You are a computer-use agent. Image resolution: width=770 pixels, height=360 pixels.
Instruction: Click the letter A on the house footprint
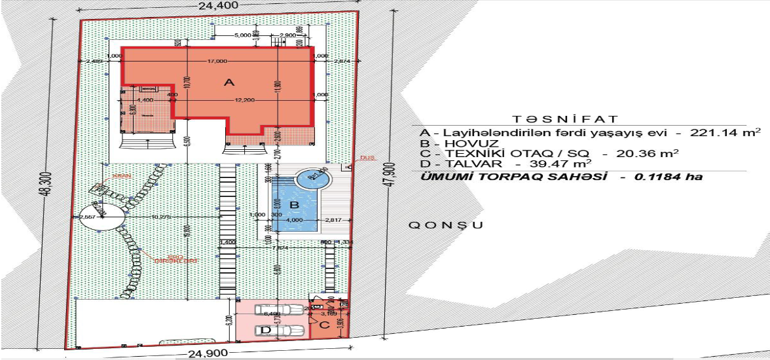pyautogui.click(x=229, y=82)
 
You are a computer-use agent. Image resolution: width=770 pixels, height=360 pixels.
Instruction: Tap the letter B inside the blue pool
pyautogui.click(x=295, y=205)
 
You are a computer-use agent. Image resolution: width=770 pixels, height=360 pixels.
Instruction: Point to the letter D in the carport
pyautogui.click(x=265, y=331)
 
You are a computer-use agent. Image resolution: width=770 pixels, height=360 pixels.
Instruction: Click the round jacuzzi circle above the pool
pyautogui.click(x=313, y=177)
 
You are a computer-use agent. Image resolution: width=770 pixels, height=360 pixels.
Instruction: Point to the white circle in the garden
pyautogui.click(x=98, y=216)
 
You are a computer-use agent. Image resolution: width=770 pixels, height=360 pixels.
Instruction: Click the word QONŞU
pyautogui.click(x=446, y=225)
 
